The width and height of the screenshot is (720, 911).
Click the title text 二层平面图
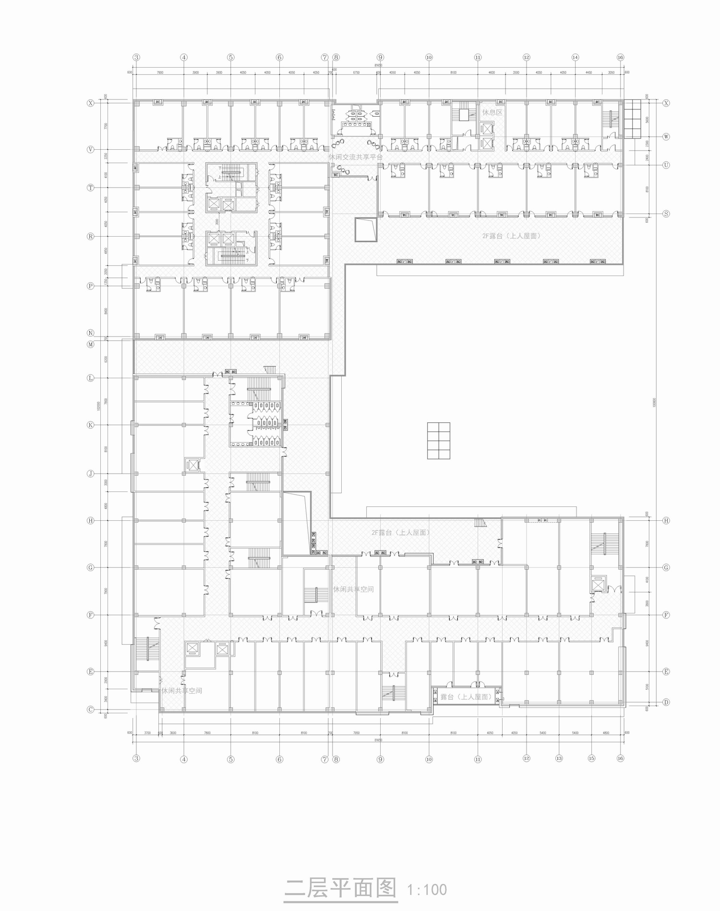click(x=340, y=888)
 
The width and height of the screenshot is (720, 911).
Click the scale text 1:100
click(x=427, y=890)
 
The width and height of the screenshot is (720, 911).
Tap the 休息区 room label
click(x=492, y=112)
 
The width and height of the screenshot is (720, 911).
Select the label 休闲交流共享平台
click(x=355, y=157)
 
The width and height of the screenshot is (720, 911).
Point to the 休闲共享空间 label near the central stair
click(x=353, y=589)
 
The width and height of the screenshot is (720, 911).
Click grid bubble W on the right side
click(x=666, y=136)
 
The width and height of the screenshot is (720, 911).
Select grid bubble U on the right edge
click(x=666, y=165)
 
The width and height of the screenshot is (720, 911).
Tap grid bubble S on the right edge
click(x=666, y=214)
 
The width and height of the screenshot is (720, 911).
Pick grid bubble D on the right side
click(x=666, y=702)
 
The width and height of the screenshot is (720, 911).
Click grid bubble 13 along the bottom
click(x=559, y=758)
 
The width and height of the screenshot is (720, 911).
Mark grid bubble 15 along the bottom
click(x=591, y=758)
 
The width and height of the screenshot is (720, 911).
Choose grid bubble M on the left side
click(x=90, y=344)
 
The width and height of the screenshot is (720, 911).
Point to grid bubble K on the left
click(x=90, y=425)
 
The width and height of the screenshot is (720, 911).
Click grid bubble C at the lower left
click(x=90, y=709)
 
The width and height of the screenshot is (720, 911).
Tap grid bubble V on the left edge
click(x=90, y=149)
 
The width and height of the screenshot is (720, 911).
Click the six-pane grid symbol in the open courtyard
click(x=438, y=441)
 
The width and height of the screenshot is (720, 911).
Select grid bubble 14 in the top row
click(x=575, y=57)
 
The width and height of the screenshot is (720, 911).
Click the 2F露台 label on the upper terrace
click(x=511, y=236)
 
